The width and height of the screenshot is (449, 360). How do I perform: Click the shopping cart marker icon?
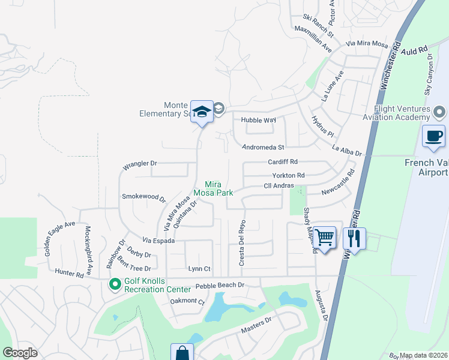pyautogui.click(x=325, y=237)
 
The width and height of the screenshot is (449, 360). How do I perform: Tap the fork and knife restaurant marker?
pyautogui.click(x=354, y=238)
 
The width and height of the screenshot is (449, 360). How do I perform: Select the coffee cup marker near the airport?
pyautogui.click(x=433, y=136)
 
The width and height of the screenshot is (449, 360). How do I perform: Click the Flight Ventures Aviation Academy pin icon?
pyautogui.click(x=440, y=112)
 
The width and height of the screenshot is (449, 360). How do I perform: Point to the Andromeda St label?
pyautogui.click(x=262, y=147)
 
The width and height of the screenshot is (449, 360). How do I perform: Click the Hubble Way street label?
pyautogui.click(x=258, y=120)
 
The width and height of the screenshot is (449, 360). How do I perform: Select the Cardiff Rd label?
pyautogui.click(x=283, y=162)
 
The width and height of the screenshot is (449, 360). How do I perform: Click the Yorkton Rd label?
pyautogui.click(x=288, y=175)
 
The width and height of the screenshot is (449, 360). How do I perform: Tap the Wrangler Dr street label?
pyautogui.click(x=139, y=163)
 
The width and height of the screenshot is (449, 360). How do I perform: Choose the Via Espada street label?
pyautogui.click(x=159, y=241)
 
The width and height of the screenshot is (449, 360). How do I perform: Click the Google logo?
pyautogui.click(x=20, y=353)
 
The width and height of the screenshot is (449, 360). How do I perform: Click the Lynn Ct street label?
pyautogui.click(x=199, y=269)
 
